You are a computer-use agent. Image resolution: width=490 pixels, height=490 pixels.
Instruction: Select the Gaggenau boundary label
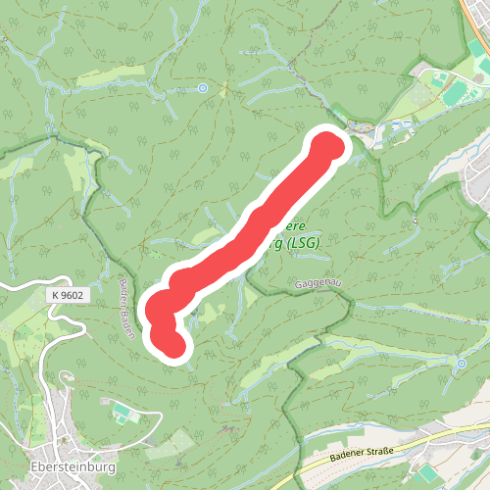[317, 283]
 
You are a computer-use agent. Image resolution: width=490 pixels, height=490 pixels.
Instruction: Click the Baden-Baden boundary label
[127, 309]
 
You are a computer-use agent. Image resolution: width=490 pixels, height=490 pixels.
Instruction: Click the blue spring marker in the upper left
[203, 88]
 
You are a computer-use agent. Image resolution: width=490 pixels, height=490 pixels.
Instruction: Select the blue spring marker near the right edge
[461, 364]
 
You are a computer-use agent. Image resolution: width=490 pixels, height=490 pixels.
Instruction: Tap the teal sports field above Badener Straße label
[422, 473]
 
